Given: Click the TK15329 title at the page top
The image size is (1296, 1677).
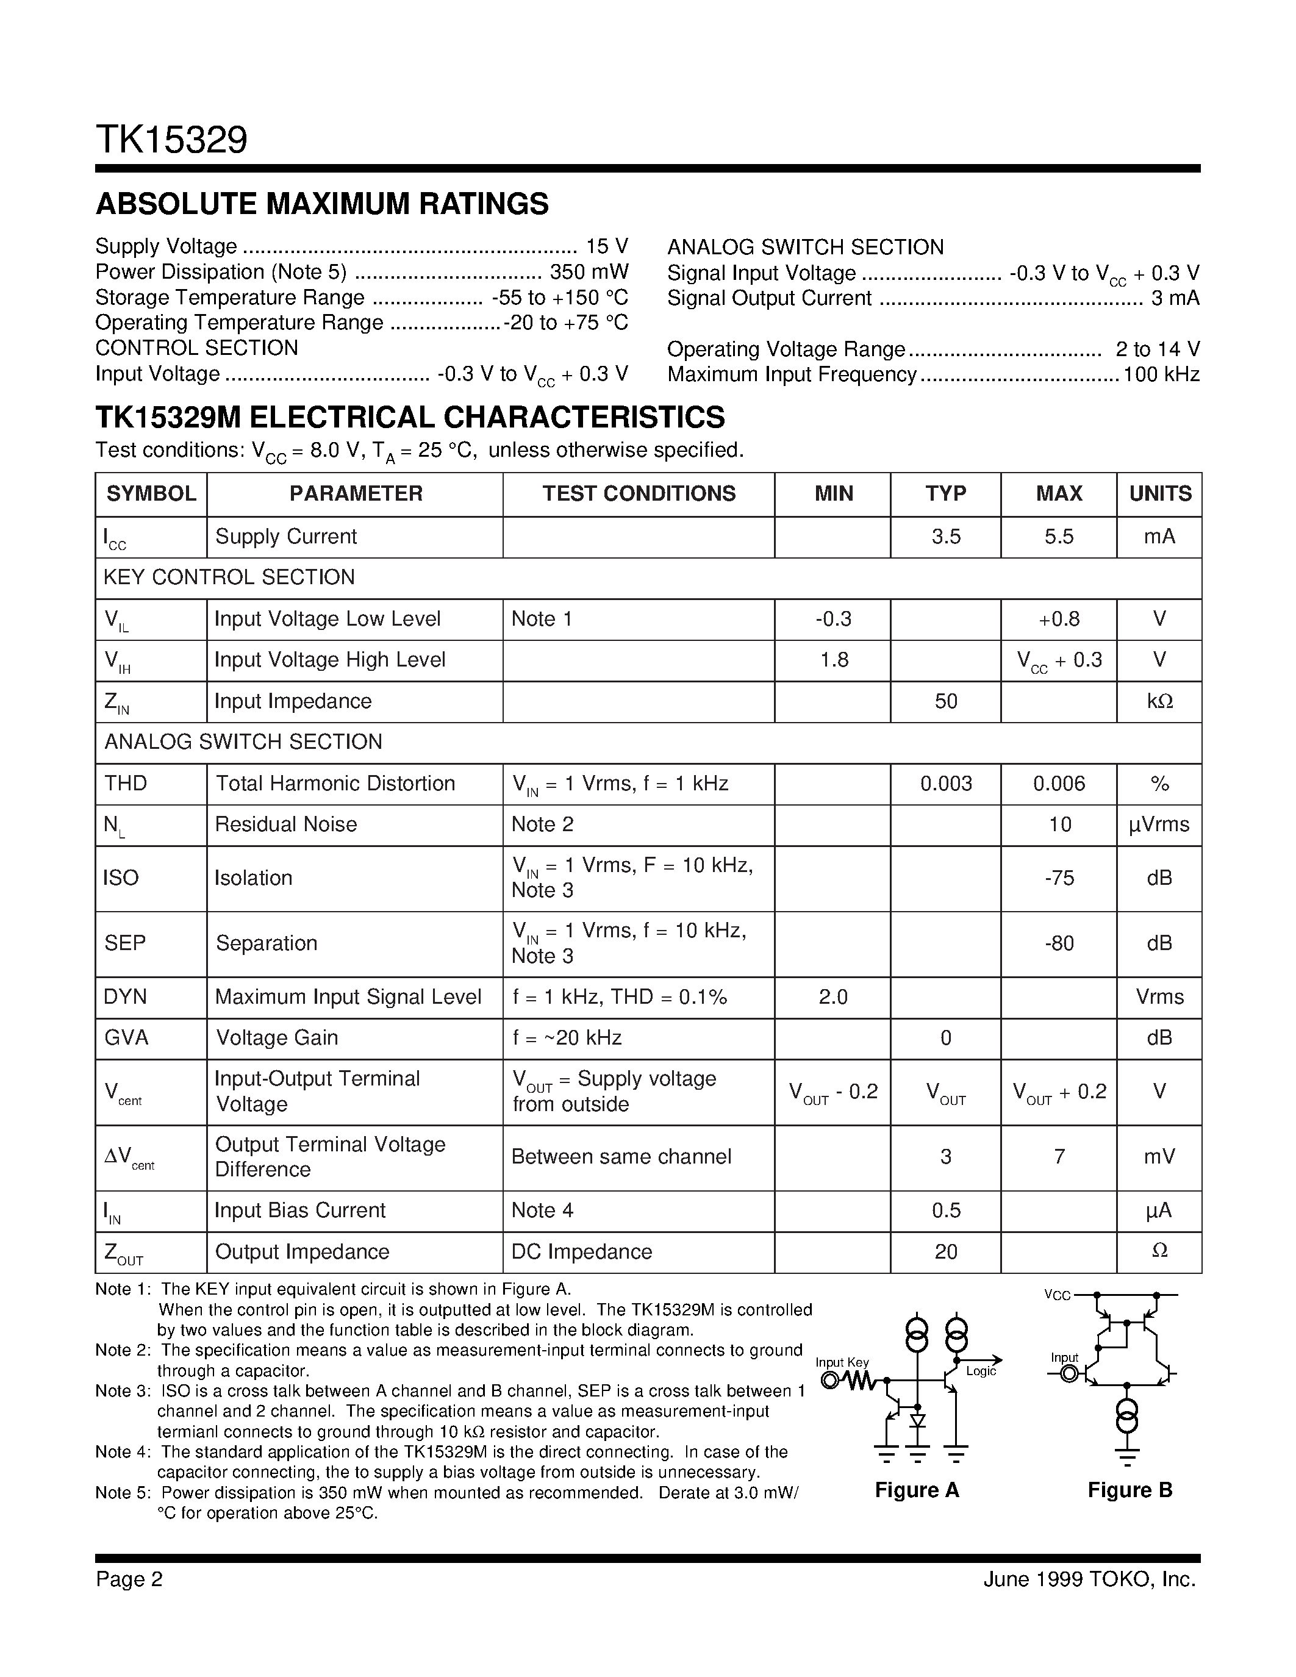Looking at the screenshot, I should click(x=171, y=140).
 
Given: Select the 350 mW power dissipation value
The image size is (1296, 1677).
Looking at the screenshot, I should click(x=589, y=272).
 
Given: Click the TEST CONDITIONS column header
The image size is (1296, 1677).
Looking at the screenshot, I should click(x=639, y=494).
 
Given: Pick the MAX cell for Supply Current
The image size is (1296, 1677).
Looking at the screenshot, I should click(x=1059, y=537).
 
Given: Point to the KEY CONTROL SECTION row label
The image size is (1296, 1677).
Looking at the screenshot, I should click(x=229, y=577).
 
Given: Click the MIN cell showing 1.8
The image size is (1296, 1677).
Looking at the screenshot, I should click(x=834, y=660).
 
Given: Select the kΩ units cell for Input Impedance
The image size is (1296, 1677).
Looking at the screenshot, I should click(x=1159, y=701).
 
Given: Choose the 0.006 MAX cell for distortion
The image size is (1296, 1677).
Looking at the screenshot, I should click(x=1059, y=783).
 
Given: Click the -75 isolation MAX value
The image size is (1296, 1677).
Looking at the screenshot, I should click(x=1059, y=878).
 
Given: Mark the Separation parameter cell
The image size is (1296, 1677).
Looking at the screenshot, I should click(x=267, y=943).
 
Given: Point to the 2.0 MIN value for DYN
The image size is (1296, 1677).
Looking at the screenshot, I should click(x=833, y=996).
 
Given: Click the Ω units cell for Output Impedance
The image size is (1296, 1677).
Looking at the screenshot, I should click(x=1159, y=1251).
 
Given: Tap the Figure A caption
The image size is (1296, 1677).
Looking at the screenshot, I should click(x=917, y=1490).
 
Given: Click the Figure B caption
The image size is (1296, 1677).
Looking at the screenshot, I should click(x=1130, y=1490).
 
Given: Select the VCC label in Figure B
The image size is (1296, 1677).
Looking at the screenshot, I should click(x=1056, y=1295).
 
